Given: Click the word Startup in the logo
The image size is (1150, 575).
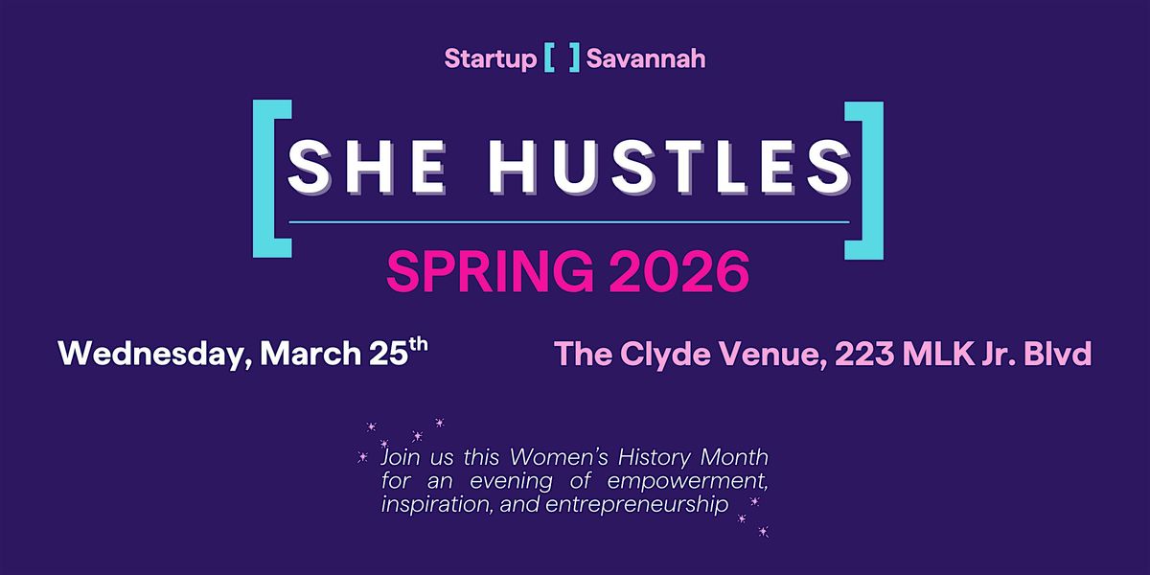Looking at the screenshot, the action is (491, 59).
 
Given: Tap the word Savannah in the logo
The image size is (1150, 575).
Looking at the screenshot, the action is (646, 58).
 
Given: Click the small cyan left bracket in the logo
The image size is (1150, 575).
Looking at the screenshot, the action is (549, 58).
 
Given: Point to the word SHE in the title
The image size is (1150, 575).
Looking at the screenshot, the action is (366, 167).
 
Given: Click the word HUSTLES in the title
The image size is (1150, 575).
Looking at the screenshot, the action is (670, 167).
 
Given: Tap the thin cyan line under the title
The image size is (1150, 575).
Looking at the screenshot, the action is (569, 222).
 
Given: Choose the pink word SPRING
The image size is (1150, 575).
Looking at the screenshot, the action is (491, 271).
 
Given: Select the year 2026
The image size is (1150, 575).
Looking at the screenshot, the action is (679, 271).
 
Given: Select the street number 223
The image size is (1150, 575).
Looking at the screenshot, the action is (865, 354).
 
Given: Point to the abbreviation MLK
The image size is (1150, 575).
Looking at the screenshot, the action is (938, 354).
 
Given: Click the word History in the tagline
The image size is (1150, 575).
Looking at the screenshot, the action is (654, 457).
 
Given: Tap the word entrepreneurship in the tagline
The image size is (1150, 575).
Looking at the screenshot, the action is (637, 505).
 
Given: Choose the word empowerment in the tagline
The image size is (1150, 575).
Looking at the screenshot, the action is (687, 481).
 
